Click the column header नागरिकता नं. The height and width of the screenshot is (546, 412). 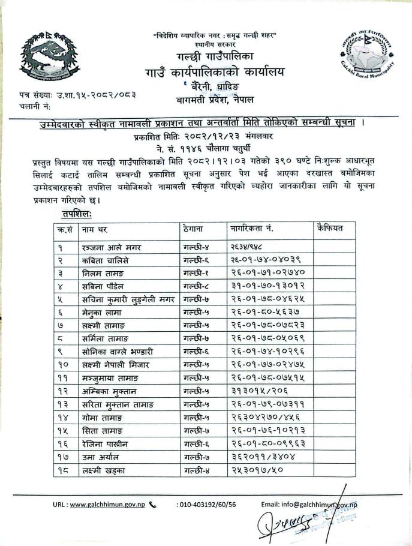[x=252, y=229]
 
